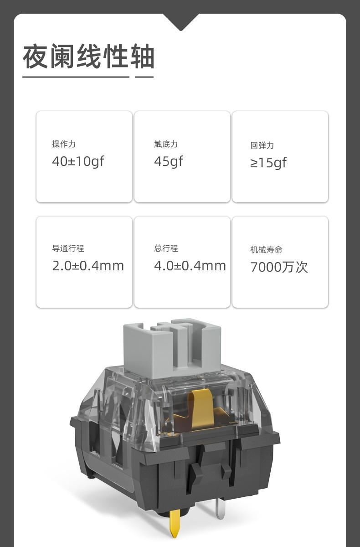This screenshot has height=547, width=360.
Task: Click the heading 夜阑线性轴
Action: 88,57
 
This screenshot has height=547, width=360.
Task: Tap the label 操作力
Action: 64,144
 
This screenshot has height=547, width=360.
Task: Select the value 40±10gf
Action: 78,161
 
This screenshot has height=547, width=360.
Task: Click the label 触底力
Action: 166,144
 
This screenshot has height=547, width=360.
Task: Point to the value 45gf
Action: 169,161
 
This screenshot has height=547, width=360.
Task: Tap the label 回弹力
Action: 262,145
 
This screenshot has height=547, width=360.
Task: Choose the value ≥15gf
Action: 268,163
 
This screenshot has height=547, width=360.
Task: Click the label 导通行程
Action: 68,248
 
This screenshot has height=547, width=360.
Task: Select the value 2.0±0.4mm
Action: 88,266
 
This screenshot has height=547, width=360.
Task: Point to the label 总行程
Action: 166,248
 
